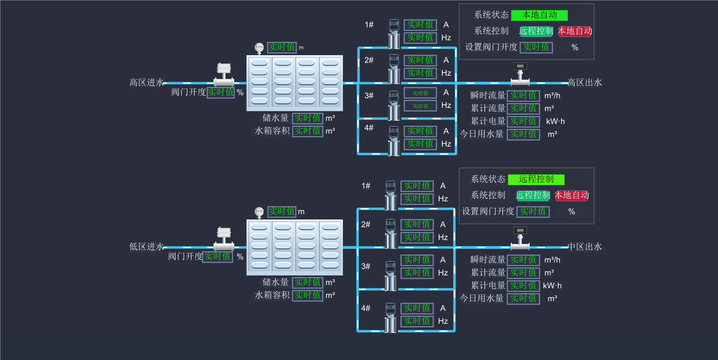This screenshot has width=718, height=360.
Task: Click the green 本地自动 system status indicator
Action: [x=539, y=15]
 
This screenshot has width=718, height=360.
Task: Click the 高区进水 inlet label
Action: [x=146, y=83]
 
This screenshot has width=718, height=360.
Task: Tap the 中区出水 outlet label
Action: [x=585, y=247]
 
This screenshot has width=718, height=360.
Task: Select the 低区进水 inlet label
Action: [x=146, y=247]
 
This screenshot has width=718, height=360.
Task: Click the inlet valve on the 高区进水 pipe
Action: [x=224, y=75]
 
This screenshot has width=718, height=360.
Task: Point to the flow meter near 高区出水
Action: [x=520, y=74]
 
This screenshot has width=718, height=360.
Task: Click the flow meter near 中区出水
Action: [x=520, y=238]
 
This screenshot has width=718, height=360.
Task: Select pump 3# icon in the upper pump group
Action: [x=394, y=106]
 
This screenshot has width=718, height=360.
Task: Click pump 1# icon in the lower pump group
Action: [x=390, y=196]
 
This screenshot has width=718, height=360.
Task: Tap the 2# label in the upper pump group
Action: [x=369, y=60]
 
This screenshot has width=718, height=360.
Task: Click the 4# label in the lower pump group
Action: [x=366, y=308]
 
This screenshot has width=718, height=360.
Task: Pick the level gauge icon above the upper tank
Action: [x=259, y=48]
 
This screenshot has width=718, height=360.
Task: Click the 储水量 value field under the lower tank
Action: [x=307, y=282]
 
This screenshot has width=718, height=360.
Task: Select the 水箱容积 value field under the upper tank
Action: [x=307, y=131]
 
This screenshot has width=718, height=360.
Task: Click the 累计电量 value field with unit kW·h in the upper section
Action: [x=523, y=121]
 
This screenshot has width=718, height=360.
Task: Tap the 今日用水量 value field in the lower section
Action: [x=523, y=298]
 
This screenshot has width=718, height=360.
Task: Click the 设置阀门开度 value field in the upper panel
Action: [x=536, y=48]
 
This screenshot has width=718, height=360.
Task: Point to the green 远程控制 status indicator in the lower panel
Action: [x=536, y=180]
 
